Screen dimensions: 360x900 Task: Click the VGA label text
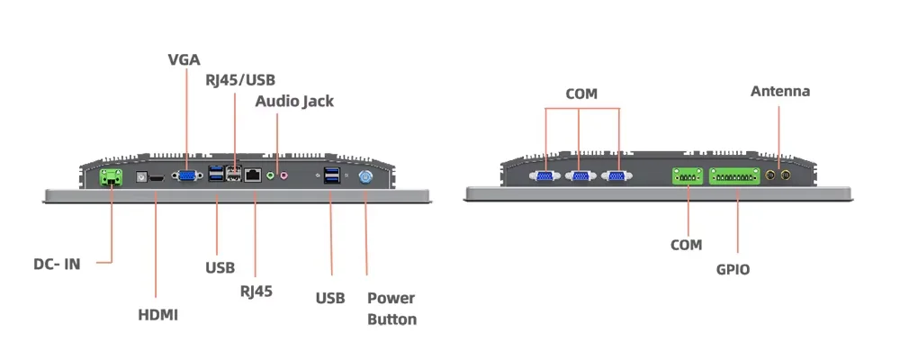tap(184, 60)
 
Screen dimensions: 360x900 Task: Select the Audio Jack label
tap(294, 101)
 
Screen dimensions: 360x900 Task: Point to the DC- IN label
tap(57, 264)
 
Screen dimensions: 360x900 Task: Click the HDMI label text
tap(157, 315)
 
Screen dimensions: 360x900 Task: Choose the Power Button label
tap(391, 309)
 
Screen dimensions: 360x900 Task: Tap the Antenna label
tap(780, 91)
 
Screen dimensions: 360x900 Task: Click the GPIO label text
tap(733, 269)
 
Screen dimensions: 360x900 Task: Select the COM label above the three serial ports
tap(581, 94)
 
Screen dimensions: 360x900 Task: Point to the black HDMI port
tap(156, 178)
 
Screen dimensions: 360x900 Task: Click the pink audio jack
tap(284, 176)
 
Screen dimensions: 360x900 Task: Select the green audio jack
tap(271, 176)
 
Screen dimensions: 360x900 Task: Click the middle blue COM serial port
tap(580, 176)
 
